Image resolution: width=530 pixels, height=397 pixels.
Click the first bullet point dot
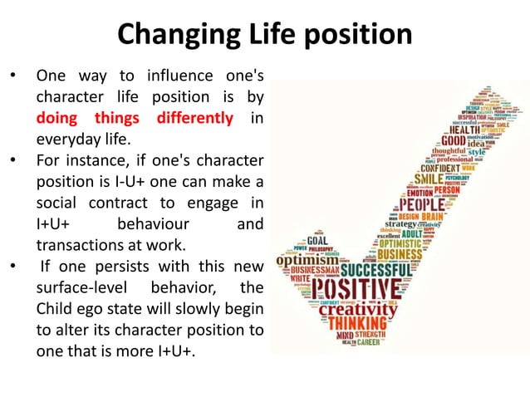tap(12, 76)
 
